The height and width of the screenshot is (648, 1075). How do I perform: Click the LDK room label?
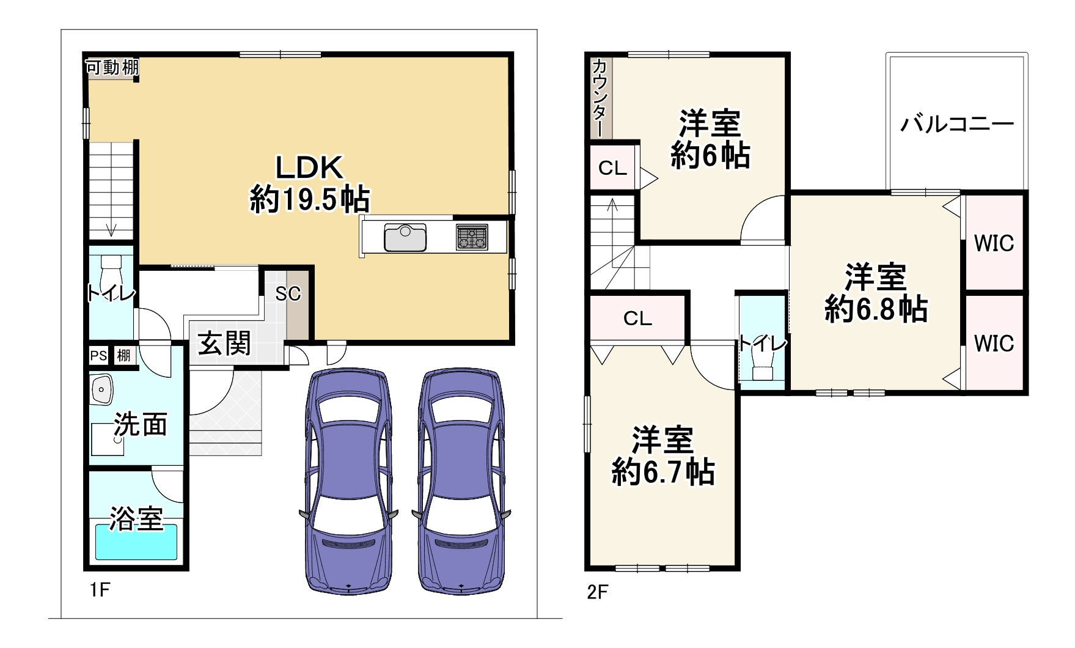click(309, 167)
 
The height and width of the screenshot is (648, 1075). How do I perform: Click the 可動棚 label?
click(111, 67)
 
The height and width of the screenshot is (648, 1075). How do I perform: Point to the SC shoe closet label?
click(288, 294)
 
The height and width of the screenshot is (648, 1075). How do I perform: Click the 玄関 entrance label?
click(224, 344)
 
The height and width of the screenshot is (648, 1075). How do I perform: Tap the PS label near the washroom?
click(98, 355)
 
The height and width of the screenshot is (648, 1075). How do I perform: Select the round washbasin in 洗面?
click(101, 389)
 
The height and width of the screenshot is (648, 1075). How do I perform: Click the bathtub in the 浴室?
click(136, 542)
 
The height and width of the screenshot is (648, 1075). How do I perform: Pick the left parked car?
click(346, 480)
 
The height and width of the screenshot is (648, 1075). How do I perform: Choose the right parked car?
click(461, 480)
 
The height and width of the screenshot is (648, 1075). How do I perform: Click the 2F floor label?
click(597, 592)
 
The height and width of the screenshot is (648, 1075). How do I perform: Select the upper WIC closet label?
click(994, 243)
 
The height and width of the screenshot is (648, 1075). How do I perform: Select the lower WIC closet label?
click(994, 344)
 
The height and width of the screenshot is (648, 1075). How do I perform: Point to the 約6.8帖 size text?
click(876, 309)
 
